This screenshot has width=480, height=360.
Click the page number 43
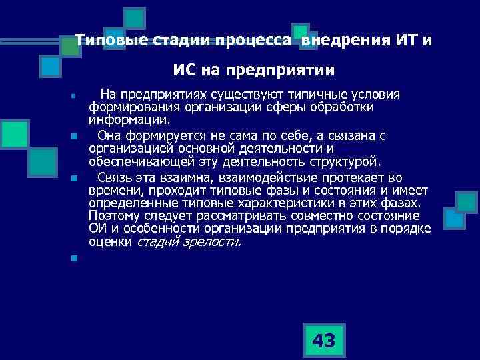tap(323, 341)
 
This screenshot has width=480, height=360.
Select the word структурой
tap(346, 161)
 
